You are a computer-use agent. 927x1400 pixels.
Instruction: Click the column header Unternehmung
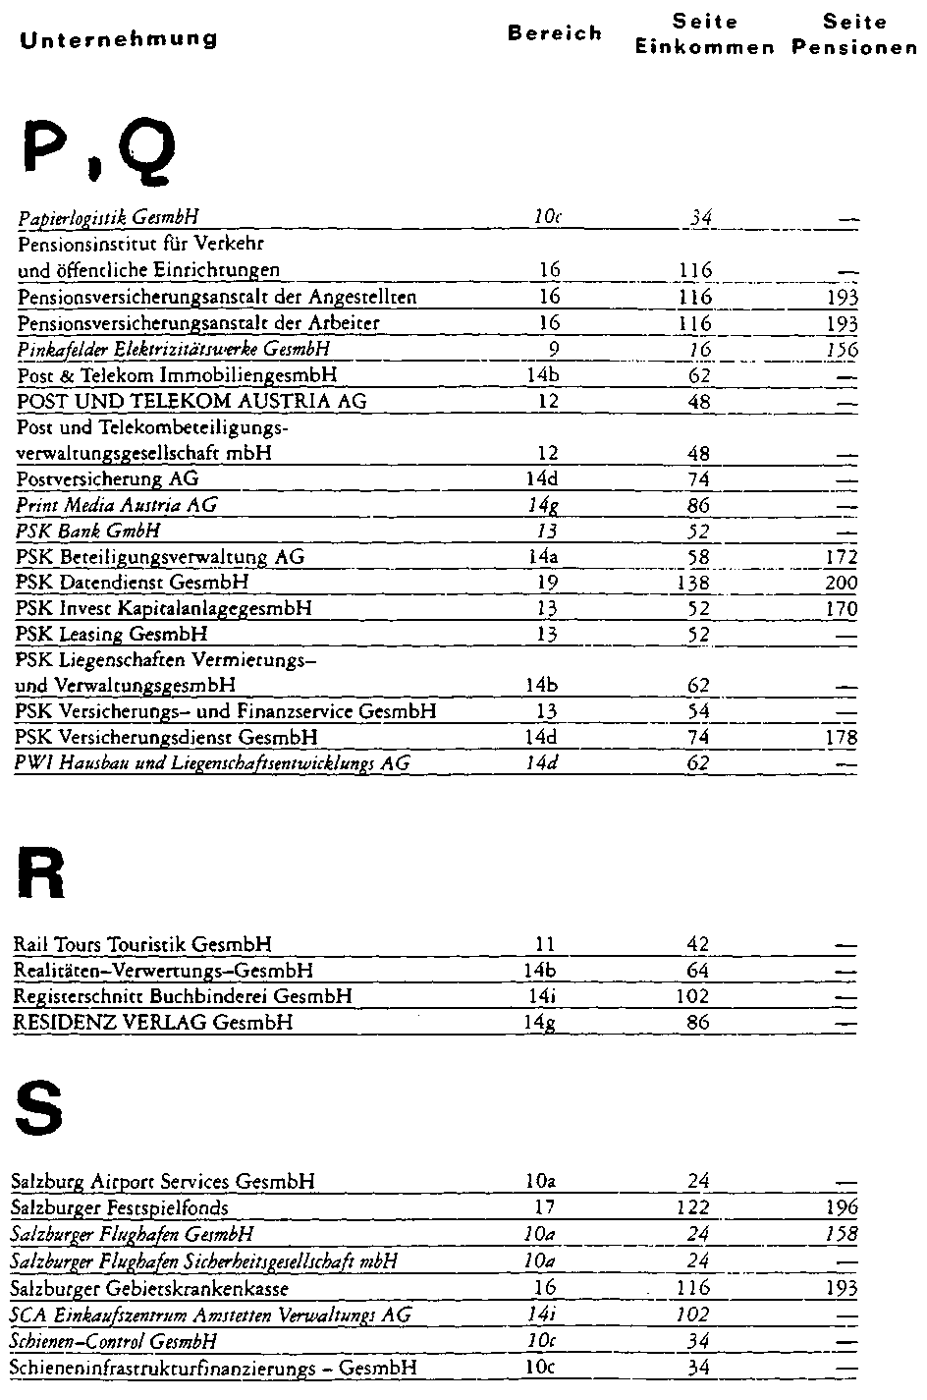(x=118, y=39)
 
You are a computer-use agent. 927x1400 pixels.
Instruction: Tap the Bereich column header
(x=555, y=33)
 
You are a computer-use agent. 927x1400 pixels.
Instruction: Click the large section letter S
(x=39, y=1107)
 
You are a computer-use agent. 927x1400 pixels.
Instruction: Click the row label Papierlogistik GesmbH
(x=110, y=218)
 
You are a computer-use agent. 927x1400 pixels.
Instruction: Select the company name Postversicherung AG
(x=107, y=479)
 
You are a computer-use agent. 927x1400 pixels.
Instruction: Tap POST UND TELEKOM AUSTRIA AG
(x=191, y=401)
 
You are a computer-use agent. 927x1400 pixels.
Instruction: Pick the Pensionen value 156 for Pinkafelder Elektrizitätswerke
(x=842, y=350)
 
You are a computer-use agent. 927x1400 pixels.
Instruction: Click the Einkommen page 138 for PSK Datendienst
(x=700, y=583)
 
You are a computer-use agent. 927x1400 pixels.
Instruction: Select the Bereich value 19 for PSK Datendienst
(x=548, y=583)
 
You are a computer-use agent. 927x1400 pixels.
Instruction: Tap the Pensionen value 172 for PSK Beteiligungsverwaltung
(x=842, y=557)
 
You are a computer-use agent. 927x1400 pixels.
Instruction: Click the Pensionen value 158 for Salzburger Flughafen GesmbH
(x=842, y=1234)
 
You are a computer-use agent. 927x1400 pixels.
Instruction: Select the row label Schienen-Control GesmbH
(x=113, y=1342)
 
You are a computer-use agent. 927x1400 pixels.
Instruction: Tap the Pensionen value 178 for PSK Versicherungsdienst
(x=842, y=738)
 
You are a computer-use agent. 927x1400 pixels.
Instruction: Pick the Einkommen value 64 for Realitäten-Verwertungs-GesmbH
(x=698, y=971)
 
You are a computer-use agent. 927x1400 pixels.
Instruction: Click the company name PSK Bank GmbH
(x=88, y=532)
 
